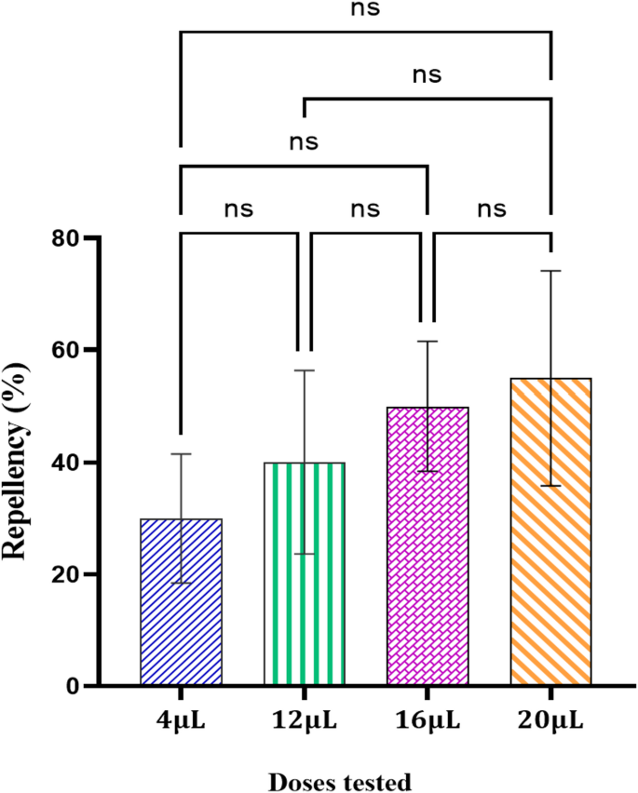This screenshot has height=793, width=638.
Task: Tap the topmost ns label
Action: point(365,10)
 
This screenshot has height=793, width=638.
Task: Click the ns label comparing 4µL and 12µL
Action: point(238,209)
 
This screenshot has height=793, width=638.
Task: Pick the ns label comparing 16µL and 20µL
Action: point(492,209)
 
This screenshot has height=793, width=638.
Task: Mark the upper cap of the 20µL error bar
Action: point(550,271)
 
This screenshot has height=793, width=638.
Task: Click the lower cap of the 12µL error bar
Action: point(304,554)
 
